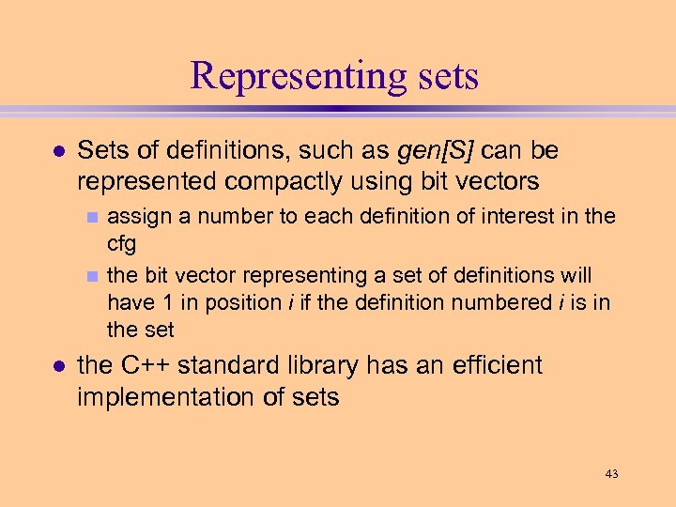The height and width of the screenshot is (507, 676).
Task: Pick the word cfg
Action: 122,245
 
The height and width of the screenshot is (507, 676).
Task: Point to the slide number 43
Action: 611,474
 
